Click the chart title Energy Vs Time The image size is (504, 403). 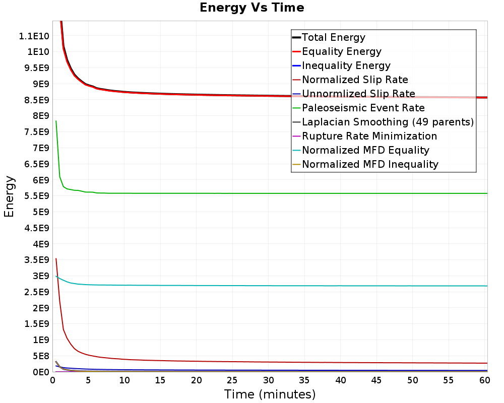click(252, 8)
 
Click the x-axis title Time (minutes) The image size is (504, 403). click(270, 394)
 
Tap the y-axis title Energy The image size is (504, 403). click(9, 196)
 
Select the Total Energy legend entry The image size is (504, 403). click(333, 37)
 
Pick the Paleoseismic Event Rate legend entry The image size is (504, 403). click(363, 108)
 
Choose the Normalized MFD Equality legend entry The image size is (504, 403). click(365, 150)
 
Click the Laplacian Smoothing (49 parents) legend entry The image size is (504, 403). click(388, 122)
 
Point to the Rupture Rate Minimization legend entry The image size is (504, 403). click(369, 136)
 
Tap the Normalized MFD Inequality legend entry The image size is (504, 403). click(370, 164)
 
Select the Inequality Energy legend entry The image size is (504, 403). click(346, 65)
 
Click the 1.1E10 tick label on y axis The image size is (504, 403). click(34, 36)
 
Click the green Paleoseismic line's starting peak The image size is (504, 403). click(56, 121)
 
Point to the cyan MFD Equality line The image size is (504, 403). click(252, 286)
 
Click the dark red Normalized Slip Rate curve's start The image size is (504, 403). click(56, 259)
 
